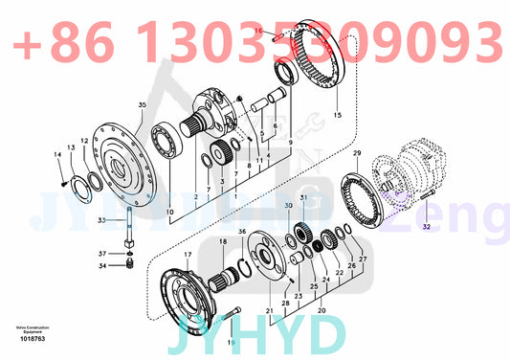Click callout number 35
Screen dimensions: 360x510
coord(143,103)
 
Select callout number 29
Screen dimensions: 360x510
coord(356,153)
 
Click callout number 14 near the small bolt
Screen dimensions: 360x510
coord(56,155)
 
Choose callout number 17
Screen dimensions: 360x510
coord(188,254)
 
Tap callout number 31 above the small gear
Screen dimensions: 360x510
coord(304,198)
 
